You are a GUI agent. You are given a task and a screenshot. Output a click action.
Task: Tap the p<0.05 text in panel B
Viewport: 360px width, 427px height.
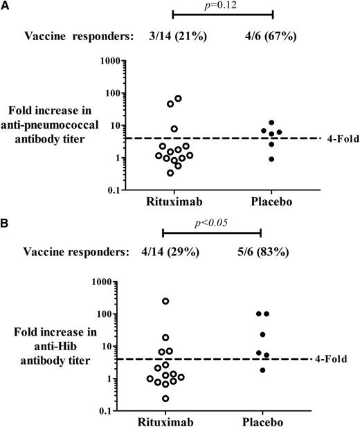[211, 223]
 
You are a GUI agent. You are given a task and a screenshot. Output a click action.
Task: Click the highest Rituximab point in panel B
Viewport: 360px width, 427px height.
[165, 301]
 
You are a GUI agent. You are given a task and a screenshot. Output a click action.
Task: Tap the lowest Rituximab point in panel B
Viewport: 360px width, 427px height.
[165, 398]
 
